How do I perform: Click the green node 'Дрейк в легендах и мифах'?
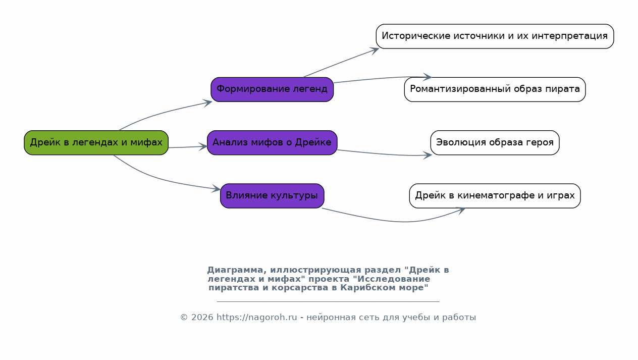(x=96, y=143)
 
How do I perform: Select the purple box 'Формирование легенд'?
(x=272, y=89)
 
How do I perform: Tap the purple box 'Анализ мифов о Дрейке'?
(x=272, y=143)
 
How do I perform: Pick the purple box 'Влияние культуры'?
(x=272, y=196)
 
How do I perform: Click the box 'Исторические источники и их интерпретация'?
(x=495, y=36)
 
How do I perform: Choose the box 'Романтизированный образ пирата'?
(x=495, y=89)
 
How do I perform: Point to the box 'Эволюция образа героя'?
(x=495, y=143)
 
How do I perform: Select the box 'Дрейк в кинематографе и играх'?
(x=495, y=196)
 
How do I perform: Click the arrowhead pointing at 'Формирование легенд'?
(x=207, y=103)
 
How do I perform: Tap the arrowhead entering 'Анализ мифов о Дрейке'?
(x=203, y=147)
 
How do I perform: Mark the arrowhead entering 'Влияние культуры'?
(x=216, y=188)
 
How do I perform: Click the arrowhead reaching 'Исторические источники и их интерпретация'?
(x=374, y=50)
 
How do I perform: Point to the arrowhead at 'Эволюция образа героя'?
(x=428, y=155)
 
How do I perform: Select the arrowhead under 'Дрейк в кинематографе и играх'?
(x=460, y=211)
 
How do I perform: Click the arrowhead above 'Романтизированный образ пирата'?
(x=427, y=77)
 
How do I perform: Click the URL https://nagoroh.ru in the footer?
(x=256, y=317)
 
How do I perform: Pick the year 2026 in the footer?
(x=202, y=317)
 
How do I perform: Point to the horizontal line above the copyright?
(x=328, y=301)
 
